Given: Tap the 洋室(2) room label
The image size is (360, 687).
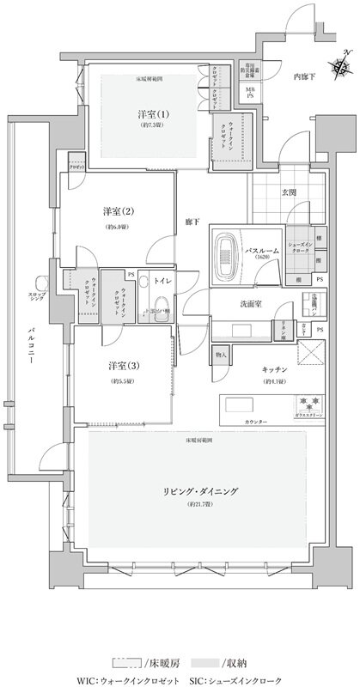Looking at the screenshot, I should (116, 211).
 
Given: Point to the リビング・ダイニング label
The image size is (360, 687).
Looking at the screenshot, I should (198, 490).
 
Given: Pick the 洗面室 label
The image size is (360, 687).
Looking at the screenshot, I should (251, 304).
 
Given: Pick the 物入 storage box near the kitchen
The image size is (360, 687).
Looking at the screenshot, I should (221, 354).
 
